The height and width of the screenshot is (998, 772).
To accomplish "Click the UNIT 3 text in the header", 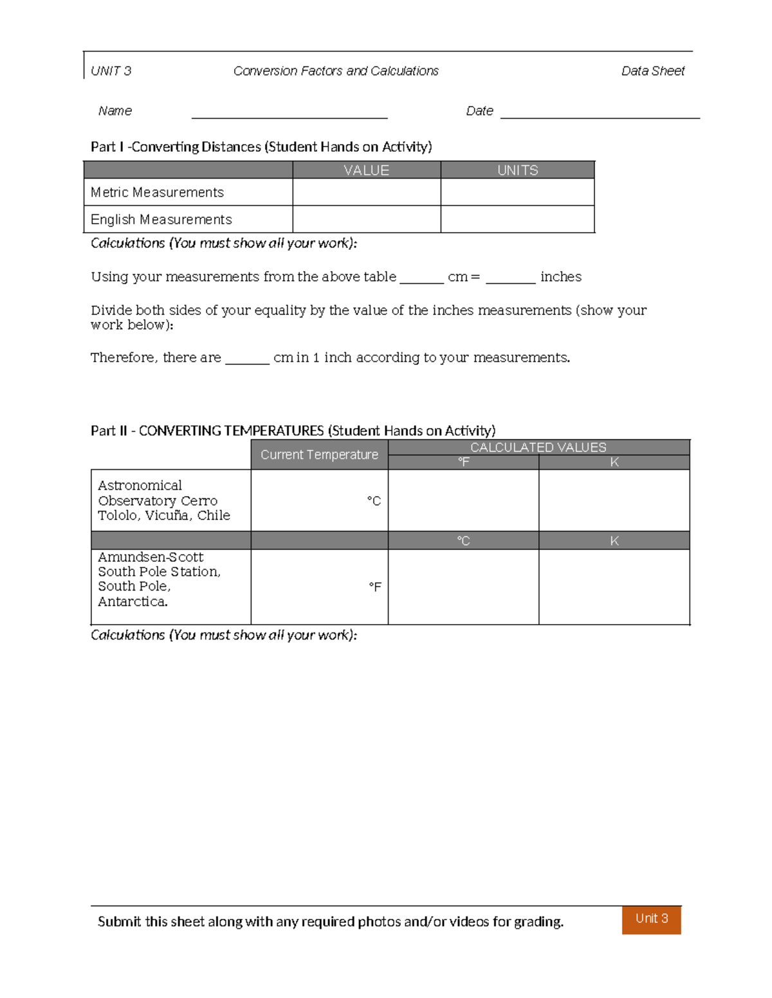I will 111,71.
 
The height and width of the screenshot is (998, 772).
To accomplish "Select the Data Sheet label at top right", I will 652,71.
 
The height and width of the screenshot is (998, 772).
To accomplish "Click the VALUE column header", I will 366,170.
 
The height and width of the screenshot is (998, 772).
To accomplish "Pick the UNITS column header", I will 517,170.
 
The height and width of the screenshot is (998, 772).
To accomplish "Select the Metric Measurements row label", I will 157,192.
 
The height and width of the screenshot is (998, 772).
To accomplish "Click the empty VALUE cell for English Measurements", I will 366,219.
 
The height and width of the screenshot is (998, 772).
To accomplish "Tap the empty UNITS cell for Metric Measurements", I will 517,192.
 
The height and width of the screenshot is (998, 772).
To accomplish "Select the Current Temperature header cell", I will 319,454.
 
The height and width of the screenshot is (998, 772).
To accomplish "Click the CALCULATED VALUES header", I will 538,447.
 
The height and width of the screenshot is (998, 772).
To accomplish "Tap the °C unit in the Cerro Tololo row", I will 374,501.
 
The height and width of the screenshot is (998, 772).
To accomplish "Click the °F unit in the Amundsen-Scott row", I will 374,587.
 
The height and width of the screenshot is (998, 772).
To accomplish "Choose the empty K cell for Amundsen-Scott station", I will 614,587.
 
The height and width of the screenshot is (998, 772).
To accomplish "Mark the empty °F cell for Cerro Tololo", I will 463,501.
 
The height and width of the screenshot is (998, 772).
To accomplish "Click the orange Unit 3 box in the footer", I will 651,919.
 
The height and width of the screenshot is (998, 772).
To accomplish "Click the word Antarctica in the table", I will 133,601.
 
